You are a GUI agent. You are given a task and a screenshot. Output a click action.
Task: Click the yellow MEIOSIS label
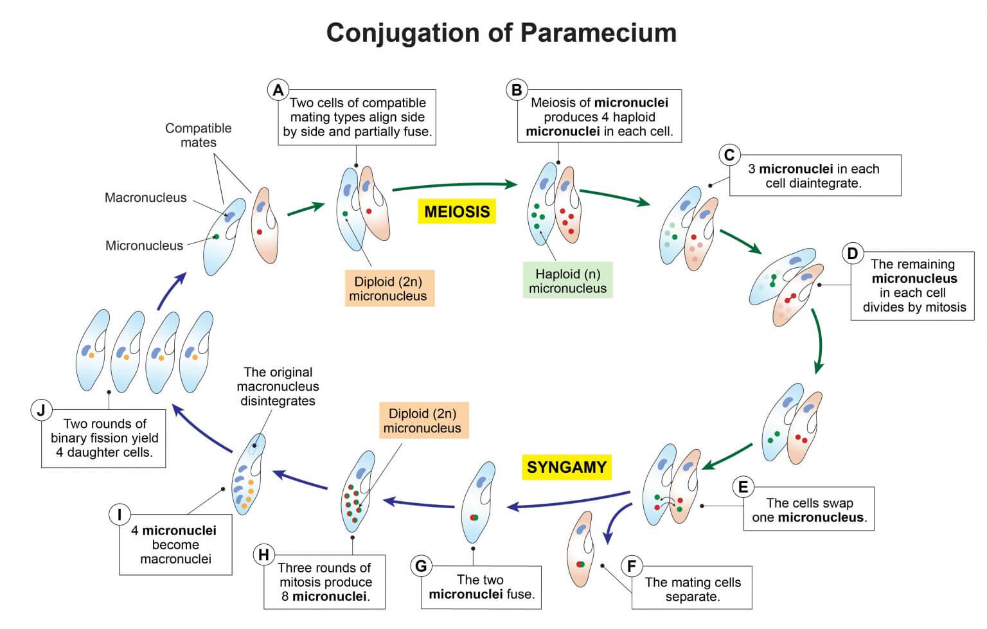(x=457, y=211)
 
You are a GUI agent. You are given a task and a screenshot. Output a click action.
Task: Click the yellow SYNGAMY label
(x=566, y=466)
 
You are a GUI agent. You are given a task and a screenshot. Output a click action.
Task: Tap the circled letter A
(x=278, y=90)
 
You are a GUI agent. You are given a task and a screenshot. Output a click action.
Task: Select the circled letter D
(x=852, y=254)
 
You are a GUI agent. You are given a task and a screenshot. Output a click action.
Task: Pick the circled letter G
(x=421, y=566)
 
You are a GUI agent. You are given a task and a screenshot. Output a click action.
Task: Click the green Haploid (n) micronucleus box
(x=567, y=281)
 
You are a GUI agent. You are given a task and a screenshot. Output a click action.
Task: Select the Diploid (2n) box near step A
(x=387, y=288)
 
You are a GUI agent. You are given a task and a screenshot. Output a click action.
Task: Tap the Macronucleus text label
(x=145, y=198)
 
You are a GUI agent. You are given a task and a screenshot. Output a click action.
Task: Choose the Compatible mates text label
(x=198, y=135)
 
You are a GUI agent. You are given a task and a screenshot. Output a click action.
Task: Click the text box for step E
(x=808, y=510)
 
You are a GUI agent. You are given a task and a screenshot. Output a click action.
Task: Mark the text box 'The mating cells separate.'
(x=692, y=589)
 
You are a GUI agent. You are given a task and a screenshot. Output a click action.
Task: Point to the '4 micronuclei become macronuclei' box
(x=175, y=544)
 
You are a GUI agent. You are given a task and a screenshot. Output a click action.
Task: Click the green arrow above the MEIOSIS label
(x=454, y=186)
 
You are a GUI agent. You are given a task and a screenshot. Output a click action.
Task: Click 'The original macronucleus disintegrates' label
(x=278, y=386)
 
